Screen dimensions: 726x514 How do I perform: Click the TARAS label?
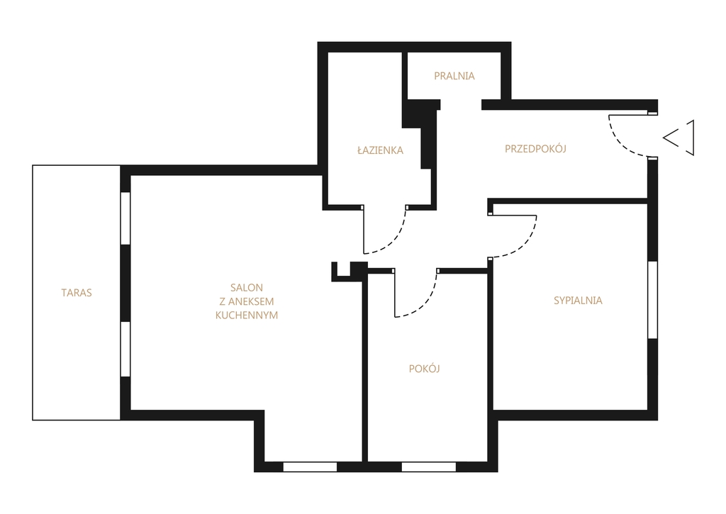(x=77, y=293)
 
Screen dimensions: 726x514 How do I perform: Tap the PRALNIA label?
(x=454, y=76)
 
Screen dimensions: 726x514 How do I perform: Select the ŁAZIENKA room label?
(x=380, y=150)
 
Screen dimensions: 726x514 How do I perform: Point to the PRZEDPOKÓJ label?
(x=535, y=148)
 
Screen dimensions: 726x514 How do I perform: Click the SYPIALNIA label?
(x=578, y=301)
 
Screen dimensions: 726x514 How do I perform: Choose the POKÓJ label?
(x=424, y=368)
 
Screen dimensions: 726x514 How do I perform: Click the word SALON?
(x=247, y=288)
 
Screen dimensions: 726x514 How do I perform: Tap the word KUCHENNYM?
(x=247, y=315)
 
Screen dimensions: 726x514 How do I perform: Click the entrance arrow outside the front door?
(x=678, y=138)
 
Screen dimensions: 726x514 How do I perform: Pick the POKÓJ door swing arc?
(x=425, y=303)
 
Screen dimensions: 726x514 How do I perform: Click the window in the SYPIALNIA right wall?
(x=652, y=300)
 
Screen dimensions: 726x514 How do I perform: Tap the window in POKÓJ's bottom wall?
(x=429, y=466)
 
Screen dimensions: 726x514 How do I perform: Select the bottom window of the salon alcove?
(x=310, y=466)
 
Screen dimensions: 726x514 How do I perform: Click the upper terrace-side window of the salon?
(x=125, y=218)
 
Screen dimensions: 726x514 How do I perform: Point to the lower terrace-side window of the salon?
(x=125, y=349)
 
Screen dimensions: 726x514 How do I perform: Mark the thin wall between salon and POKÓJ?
(x=364, y=371)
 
